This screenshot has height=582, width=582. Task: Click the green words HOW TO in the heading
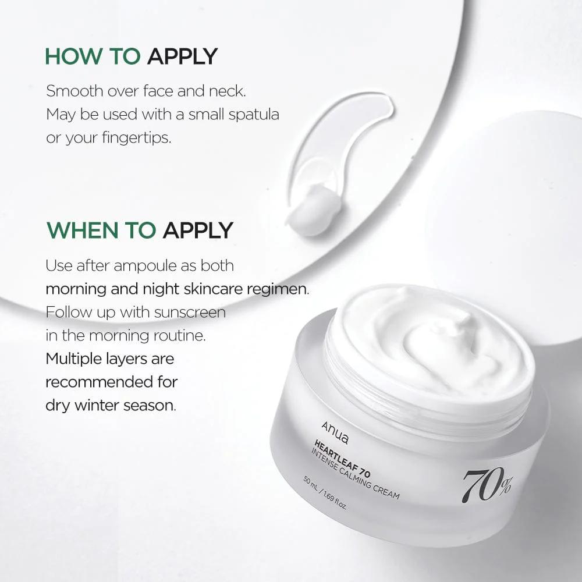93,56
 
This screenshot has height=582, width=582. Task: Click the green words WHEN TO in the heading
101,230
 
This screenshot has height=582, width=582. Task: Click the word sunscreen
190,313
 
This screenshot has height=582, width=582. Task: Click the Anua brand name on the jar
335,432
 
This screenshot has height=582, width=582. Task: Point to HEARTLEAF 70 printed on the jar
342,459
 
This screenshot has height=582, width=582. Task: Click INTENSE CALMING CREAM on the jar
355,474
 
